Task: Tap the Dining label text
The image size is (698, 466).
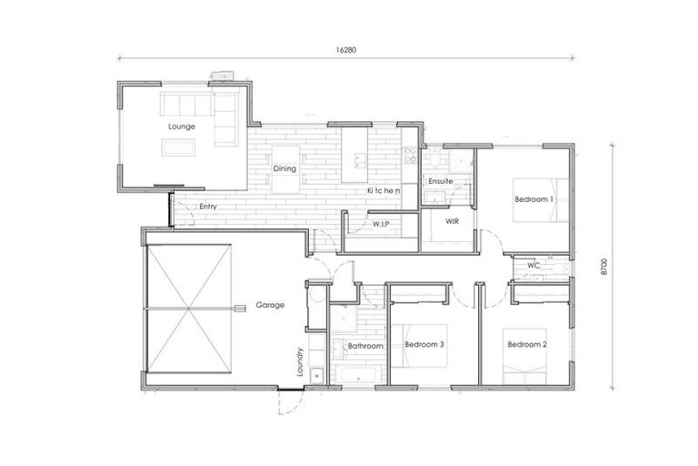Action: pos(285,168)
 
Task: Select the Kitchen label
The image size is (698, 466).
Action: pos(383,191)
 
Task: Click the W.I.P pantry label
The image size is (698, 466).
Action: pos(381,222)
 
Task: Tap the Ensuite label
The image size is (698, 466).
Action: pos(440,181)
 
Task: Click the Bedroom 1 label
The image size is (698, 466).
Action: pos(533,198)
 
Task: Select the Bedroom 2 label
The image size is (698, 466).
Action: pos(526,344)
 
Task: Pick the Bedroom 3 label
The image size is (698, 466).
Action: pos(424,344)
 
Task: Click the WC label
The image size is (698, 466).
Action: pos(533,266)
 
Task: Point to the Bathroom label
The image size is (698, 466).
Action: pos(365,346)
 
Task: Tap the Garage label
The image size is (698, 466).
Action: pos(270,305)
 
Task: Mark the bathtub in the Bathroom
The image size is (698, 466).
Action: pos(364,376)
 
